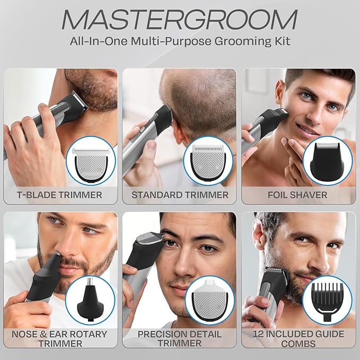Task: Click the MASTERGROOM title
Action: pos(180,20)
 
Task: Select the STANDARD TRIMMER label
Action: pos(180,195)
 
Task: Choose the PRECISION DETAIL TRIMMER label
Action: pos(180,339)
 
